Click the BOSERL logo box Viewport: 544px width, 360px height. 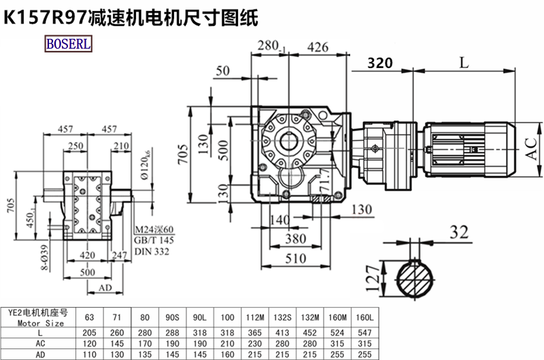point(69,44)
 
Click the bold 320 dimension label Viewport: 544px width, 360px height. point(380,63)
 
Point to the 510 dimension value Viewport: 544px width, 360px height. point(294,259)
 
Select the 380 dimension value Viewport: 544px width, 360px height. point(294,239)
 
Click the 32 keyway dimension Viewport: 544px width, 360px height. point(460,232)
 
